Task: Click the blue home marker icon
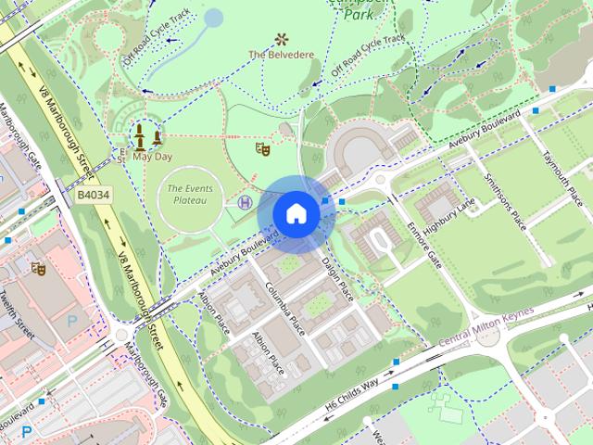point(296,213)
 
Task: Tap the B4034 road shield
point(94,196)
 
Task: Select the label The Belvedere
point(281,55)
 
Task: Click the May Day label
point(152,157)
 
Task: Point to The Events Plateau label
point(185,194)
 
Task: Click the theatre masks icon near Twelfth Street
point(38,268)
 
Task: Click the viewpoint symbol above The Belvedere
point(281,39)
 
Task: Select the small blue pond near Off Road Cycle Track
point(213,18)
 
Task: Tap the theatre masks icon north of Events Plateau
point(262,147)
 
